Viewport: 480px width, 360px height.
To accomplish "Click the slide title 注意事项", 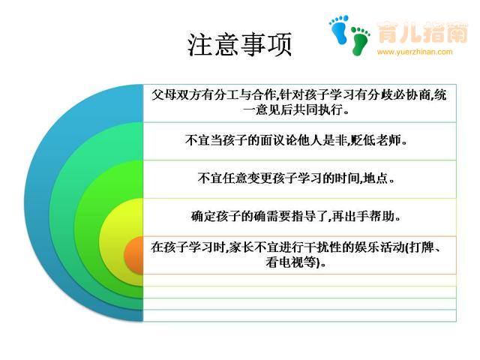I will [239, 45].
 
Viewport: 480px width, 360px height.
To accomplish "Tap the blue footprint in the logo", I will [339, 29].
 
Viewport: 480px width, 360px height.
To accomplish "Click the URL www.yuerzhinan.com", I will [415, 52].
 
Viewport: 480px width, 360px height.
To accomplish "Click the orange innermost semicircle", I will [133, 255].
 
